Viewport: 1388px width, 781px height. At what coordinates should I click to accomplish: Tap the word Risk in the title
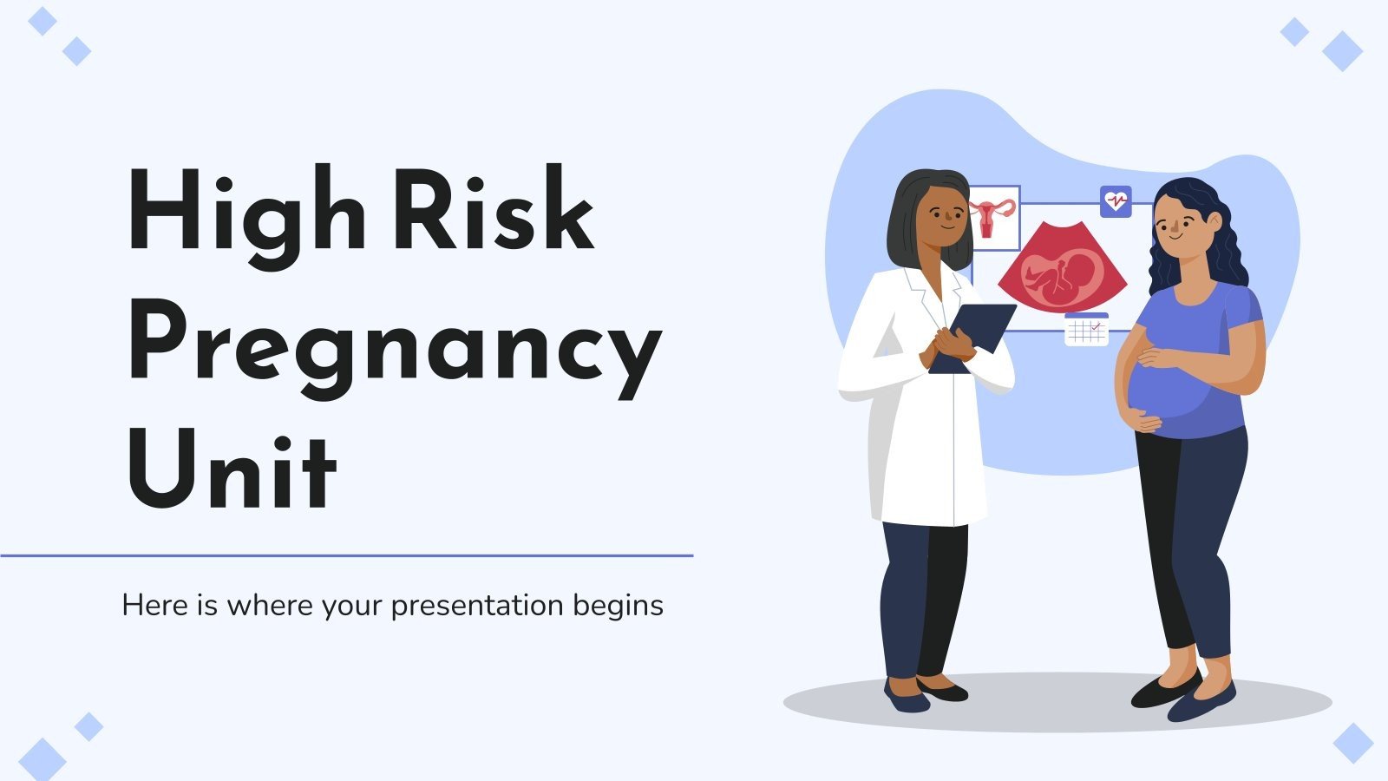click(493, 211)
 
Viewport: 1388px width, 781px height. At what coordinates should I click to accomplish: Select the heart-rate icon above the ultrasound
click(1115, 201)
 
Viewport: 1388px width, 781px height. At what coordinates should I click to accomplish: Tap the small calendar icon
click(1086, 329)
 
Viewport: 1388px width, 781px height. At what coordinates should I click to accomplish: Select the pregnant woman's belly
click(1158, 382)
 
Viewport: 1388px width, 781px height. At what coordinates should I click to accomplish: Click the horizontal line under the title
click(347, 555)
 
